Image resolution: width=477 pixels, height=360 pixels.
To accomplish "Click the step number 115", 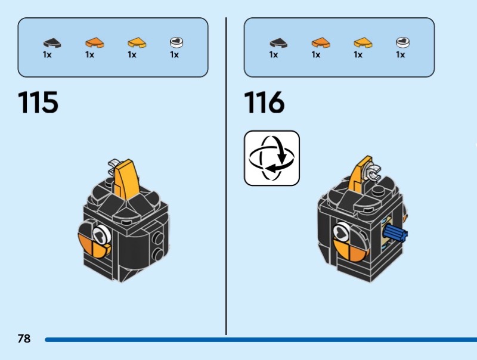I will click(x=39, y=103).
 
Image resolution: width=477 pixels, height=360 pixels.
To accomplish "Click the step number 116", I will click(x=265, y=103).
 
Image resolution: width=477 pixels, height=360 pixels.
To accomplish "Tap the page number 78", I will click(x=24, y=339).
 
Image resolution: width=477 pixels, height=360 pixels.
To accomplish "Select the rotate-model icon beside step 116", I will click(x=272, y=158).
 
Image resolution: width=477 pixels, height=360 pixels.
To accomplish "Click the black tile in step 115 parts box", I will click(x=52, y=42).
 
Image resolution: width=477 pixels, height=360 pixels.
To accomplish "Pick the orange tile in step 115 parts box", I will click(x=94, y=42).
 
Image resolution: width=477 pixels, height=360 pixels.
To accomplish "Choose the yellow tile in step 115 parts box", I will click(x=137, y=42).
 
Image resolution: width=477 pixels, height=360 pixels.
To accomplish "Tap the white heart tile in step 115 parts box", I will click(x=176, y=42).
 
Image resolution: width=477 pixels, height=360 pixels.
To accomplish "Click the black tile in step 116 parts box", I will click(x=278, y=42).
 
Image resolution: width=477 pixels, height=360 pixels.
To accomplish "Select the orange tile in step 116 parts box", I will click(x=320, y=42).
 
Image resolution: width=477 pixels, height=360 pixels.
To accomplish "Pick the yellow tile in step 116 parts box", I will click(x=363, y=42).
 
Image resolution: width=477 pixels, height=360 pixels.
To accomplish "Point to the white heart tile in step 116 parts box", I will click(x=402, y=42).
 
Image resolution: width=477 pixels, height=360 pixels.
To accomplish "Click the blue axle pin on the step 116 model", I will click(x=394, y=234).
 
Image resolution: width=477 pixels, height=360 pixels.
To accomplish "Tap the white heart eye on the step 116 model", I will click(x=342, y=231).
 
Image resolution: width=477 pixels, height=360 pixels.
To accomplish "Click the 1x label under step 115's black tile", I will click(x=48, y=55).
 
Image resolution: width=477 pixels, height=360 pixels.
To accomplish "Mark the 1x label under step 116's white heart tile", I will click(x=400, y=55).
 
